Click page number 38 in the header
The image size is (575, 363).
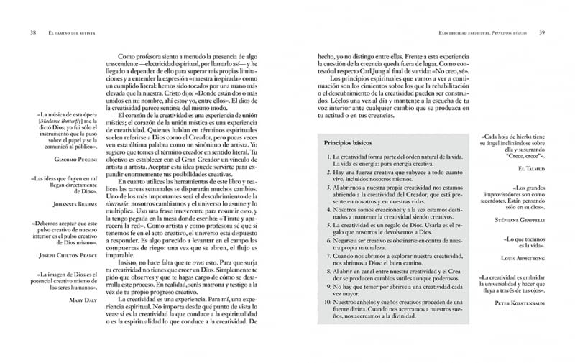point(33,32)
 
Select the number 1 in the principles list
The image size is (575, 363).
point(328,157)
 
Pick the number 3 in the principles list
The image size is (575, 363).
point(328,186)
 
